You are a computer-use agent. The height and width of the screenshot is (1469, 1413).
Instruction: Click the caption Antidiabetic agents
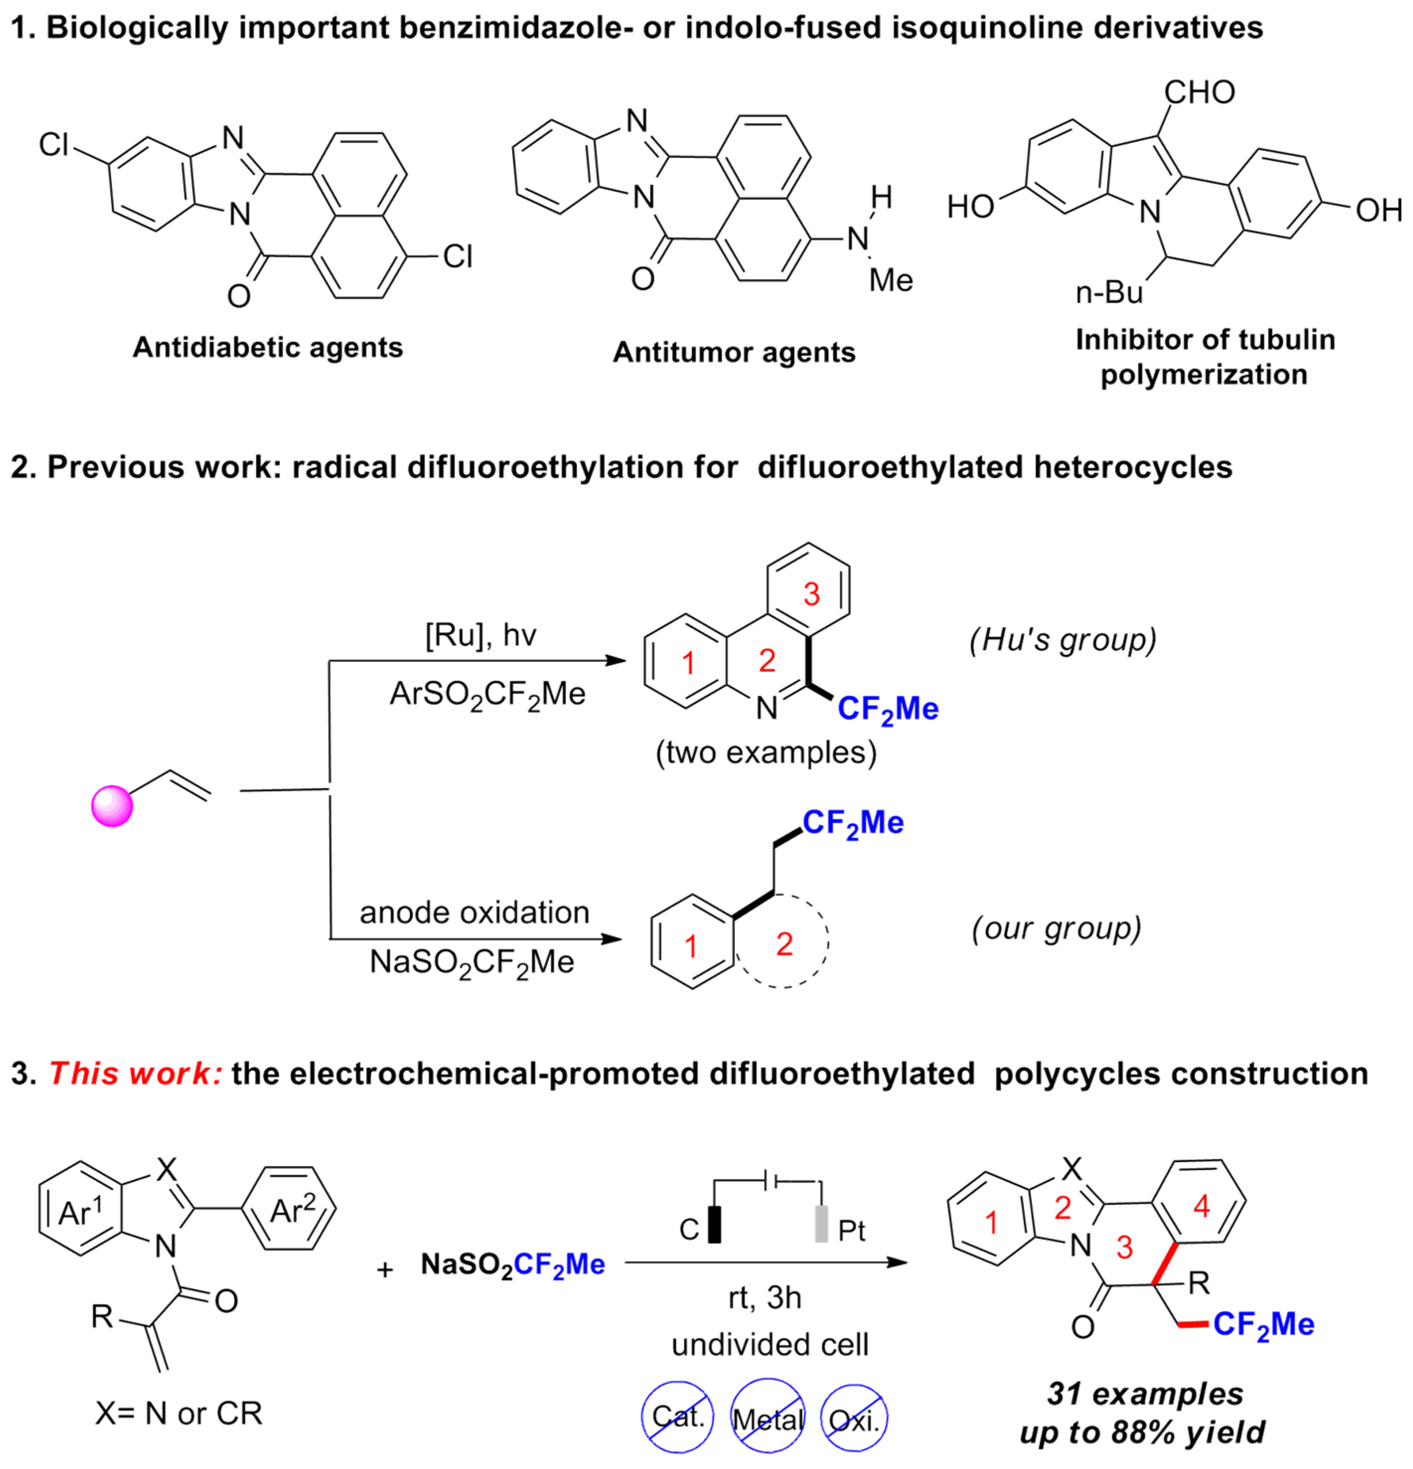268,347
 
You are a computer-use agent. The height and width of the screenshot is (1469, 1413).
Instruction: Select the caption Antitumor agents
734,352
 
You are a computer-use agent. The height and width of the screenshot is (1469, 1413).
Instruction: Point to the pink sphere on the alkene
112,806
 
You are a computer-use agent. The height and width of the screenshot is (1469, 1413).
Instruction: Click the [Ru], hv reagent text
480,636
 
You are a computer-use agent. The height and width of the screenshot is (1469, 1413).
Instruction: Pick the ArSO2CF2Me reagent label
487,694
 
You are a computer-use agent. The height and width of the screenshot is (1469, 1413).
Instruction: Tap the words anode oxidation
474,912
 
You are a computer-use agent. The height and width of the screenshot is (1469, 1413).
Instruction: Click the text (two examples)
765,752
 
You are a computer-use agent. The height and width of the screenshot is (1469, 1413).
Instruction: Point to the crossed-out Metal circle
768,1419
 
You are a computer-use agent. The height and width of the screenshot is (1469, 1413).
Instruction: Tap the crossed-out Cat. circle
677,1416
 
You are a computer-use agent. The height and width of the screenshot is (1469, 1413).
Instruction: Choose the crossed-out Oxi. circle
854,1419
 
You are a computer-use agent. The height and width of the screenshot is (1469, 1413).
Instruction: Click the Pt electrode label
851,1231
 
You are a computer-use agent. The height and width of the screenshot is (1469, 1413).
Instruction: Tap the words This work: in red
135,1073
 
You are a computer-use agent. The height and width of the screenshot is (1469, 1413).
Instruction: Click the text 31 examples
1145,1394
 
